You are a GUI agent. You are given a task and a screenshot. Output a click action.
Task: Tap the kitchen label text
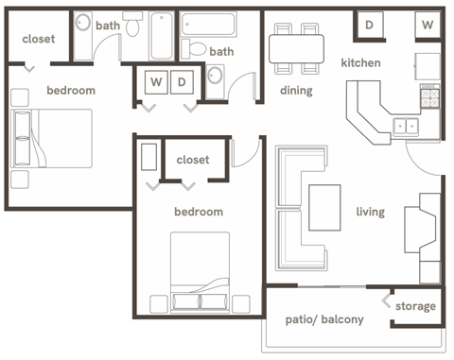pos(360,63)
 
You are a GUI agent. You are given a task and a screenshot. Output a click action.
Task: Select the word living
pos(370,212)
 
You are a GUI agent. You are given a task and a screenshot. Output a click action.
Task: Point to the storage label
pos(415,306)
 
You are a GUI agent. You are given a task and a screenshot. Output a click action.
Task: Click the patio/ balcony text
pos(324,319)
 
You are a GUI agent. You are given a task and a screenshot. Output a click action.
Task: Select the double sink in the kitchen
pos(407,124)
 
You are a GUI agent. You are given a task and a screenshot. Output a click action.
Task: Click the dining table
pos(295,47)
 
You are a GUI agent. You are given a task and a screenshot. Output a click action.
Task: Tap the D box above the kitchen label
pos(368,25)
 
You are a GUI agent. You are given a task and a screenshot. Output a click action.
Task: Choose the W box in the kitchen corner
pos(428,25)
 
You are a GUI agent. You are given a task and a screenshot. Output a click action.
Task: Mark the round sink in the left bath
pos(84,26)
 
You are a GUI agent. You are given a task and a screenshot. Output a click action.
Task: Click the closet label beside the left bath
pos(37,40)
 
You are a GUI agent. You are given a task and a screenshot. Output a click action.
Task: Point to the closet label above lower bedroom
pos(193,161)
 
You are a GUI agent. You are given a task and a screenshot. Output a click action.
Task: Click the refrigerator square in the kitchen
pos(428,64)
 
